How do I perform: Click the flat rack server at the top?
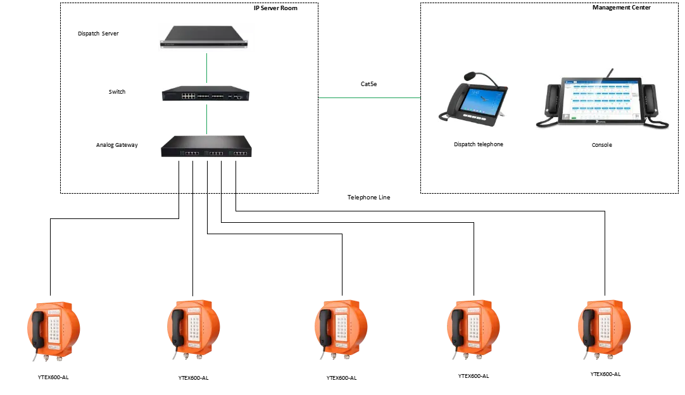pos(207,36)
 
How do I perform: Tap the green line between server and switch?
pos(206,68)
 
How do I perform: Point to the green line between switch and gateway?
pos(206,116)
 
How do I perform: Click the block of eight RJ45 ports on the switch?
pos(188,96)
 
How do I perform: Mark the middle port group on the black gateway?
pos(216,153)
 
